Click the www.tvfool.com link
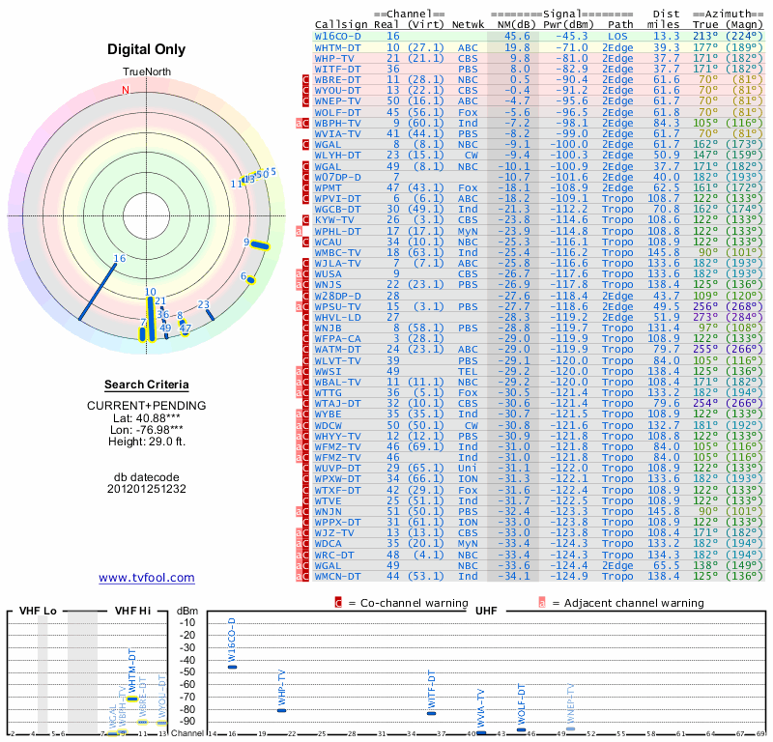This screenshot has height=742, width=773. click(146, 578)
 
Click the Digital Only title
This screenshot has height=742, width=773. click(146, 49)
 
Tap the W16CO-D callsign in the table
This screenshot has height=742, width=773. click(339, 36)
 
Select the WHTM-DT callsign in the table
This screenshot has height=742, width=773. click(339, 46)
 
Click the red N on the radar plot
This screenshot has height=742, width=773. click(125, 91)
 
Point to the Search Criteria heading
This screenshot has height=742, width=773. click(146, 385)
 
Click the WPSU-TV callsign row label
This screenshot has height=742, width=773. click(339, 306)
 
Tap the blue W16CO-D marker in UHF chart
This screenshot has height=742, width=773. click(232, 667)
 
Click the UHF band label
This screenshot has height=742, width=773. click(486, 611)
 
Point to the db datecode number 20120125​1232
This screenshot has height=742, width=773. click(146, 489)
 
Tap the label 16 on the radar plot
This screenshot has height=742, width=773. click(120, 258)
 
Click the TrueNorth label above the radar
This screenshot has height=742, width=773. click(146, 72)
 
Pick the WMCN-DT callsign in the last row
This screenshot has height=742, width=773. click(339, 576)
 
